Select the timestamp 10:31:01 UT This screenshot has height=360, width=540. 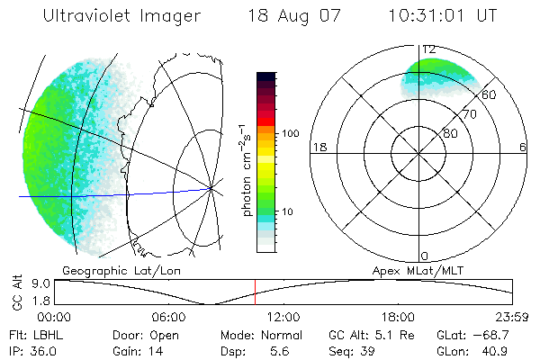[443, 16]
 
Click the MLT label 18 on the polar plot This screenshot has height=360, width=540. [318, 147]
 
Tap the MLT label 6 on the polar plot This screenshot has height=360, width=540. [522, 147]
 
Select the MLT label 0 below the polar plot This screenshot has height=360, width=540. [425, 256]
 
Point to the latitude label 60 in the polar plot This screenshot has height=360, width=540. [490, 94]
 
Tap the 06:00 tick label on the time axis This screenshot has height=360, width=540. [168, 317]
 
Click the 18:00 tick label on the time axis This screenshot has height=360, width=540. [398, 317]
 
